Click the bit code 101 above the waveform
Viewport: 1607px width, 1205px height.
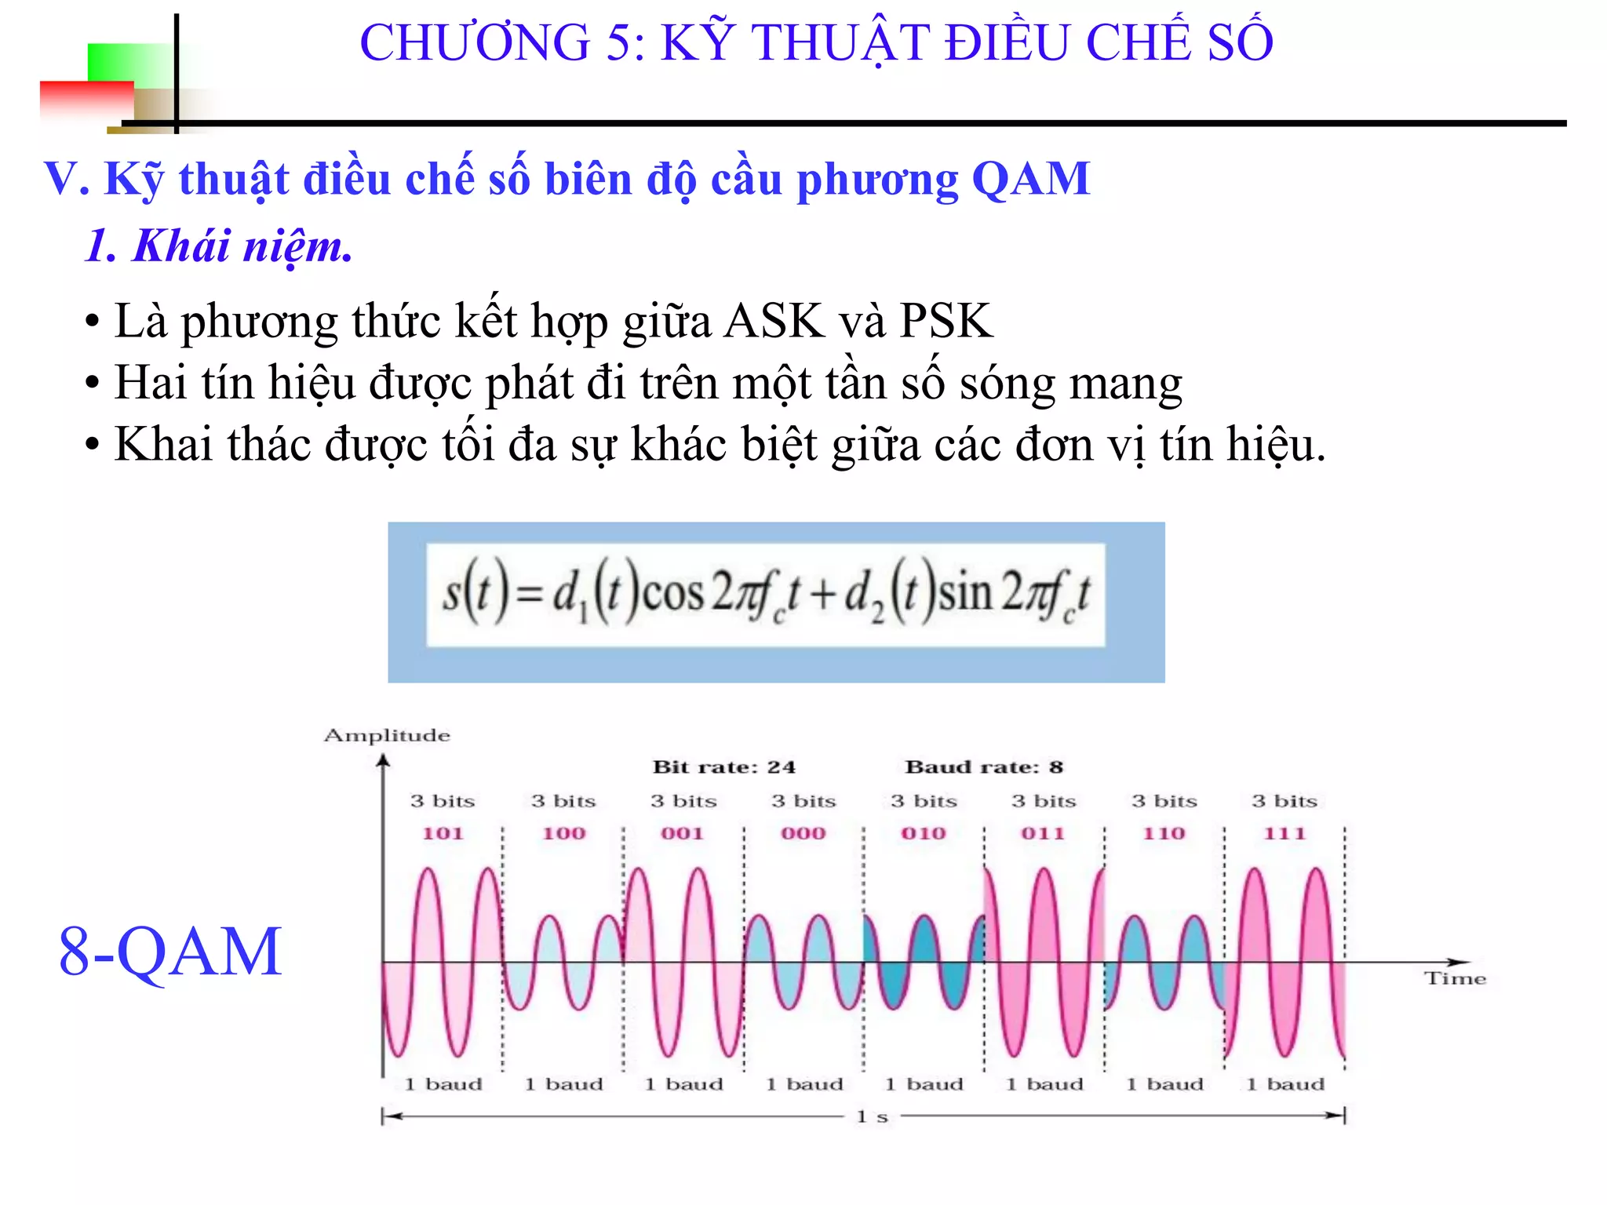point(443,833)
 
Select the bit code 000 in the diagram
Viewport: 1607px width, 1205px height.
point(803,833)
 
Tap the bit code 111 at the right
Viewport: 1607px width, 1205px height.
point(1285,833)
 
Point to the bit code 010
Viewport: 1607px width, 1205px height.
point(924,833)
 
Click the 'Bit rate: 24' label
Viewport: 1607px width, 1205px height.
point(724,766)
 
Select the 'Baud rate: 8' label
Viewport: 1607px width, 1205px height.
point(984,766)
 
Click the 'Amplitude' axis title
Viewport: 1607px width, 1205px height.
point(388,735)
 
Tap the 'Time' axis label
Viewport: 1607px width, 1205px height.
point(1456,978)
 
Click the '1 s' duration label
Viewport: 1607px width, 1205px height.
point(872,1116)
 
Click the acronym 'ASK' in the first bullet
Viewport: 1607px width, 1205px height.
point(774,321)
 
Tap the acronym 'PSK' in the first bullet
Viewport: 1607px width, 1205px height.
point(946,321)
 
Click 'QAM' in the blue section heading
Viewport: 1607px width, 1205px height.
point(1031,179)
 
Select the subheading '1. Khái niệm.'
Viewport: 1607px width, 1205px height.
point(219,246)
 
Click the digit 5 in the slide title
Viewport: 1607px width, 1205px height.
point(621,42)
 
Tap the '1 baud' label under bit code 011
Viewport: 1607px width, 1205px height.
point(1044,1084)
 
